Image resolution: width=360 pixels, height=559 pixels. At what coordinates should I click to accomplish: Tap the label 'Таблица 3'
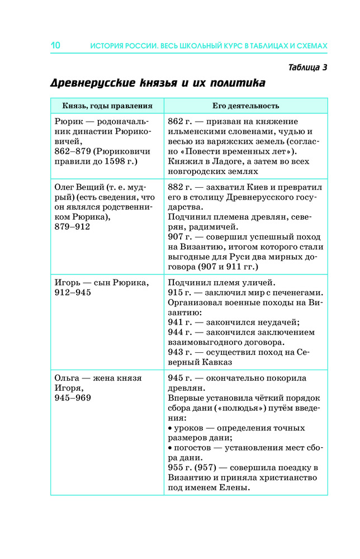(307, 68)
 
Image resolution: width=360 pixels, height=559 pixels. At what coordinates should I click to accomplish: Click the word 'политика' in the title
(238, 84)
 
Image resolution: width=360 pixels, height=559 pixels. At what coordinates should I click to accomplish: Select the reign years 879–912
(72, 226)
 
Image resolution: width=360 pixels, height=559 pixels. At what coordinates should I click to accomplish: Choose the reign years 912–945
(72, 292)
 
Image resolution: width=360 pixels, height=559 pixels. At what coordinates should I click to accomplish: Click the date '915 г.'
(180, 292)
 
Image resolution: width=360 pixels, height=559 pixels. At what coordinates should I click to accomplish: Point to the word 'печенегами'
(295, 292)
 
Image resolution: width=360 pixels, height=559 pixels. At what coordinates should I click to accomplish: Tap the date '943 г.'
(180, 352)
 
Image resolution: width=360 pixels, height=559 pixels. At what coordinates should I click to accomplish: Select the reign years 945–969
(72, 398)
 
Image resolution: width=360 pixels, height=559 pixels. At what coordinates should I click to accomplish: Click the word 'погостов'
(192, 448)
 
